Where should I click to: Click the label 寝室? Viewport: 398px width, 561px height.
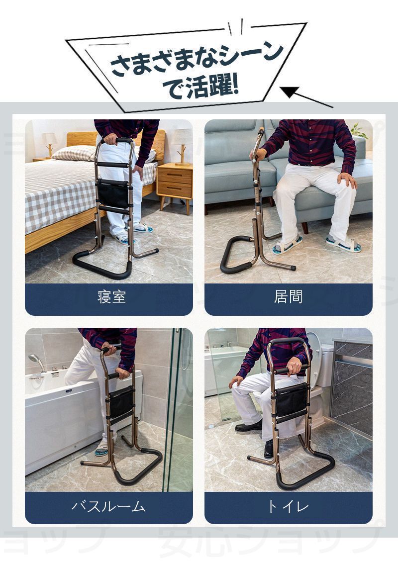point(111,296)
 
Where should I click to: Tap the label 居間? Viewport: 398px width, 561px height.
point(289,296)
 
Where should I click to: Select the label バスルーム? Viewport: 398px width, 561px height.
point(108,506)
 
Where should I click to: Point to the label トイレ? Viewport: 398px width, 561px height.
point(288,506)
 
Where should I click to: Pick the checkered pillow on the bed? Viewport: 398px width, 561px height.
point(74,153)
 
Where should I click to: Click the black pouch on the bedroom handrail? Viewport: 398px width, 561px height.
point(113,193)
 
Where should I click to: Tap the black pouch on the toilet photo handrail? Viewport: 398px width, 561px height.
point(292,400)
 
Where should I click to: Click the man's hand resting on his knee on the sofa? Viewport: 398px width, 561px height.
point(347,180)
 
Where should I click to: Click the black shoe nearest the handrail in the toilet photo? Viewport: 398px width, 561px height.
point(269,449)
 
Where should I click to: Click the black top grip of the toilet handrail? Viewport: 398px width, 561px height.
point(288,341)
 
